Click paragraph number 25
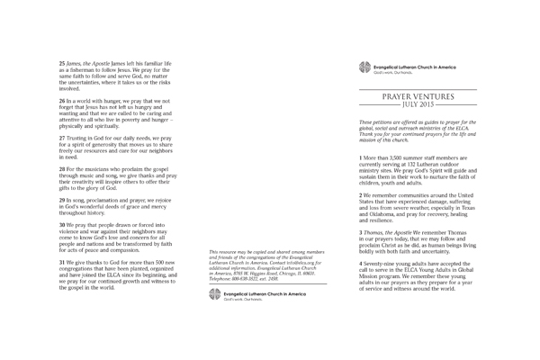(62, 61)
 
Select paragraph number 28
(62, 168)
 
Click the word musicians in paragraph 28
(97, 168)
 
